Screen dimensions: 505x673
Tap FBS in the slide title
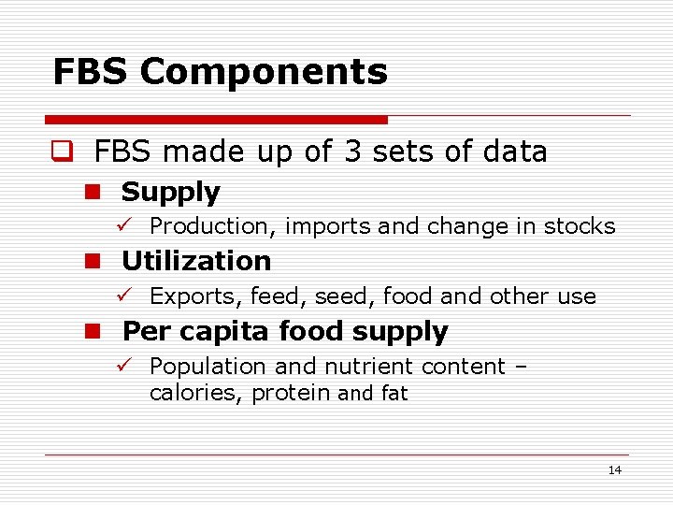(91, 72)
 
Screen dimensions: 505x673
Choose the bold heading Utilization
(196, 261)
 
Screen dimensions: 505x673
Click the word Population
(203, 367)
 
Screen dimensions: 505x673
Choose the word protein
(293, 394)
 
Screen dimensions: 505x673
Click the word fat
(394, 394)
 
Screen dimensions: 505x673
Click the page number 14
(614, 470)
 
